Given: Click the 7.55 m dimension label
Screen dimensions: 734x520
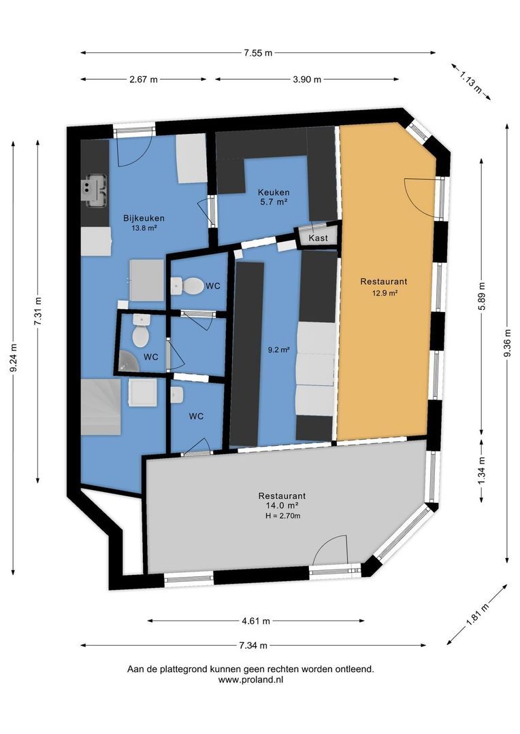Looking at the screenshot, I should tap(258, 52).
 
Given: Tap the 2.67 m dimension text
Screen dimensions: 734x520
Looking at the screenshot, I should tap(143, 80).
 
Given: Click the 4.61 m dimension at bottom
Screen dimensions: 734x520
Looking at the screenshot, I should tap(256, 621).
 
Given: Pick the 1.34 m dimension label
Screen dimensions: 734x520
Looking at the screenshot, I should tap(481, 470).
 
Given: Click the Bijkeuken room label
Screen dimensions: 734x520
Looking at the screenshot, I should tap(144, 218).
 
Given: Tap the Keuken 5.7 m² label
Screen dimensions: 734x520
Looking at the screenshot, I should tap(273, 196).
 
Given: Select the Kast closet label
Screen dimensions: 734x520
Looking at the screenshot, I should tap(318, 238).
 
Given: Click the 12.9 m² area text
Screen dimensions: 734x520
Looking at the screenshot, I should tap(384, 294).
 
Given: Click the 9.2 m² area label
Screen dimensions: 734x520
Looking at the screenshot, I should tap(280, 350).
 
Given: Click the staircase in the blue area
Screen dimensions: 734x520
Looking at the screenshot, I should tap(101, 406).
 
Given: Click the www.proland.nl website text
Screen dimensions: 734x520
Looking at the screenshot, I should tap(250, 680).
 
